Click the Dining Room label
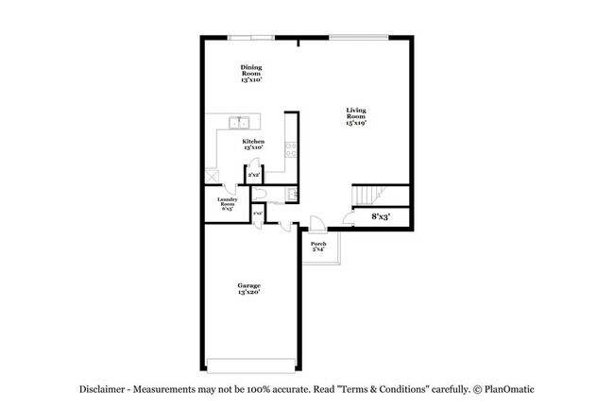point(251,74)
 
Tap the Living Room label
point(355,116)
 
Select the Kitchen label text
point(252,144)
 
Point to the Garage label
point(248,288)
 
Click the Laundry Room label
point(228,203)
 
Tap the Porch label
point(318,247)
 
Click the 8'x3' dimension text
point(382,217)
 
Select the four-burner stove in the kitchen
point(292,149)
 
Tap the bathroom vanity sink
point(293,194)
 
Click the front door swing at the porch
point(317,225)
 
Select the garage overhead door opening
point(250,367)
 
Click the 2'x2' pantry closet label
point(253,175)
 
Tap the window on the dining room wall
point(252,38)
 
